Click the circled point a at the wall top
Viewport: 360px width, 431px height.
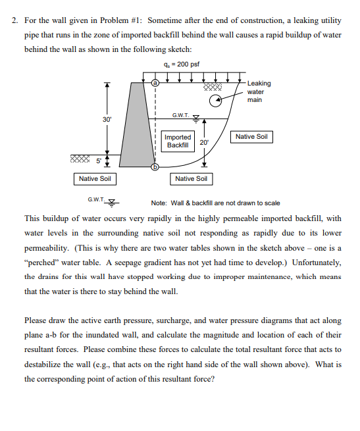click(155, 84)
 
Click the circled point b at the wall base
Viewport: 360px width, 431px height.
click(155, 167)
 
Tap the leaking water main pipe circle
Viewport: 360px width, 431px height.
click(215, 101)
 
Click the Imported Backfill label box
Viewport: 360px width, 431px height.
click(177, 141)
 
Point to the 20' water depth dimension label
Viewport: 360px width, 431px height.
click(205, 142)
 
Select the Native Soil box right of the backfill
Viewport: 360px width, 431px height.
click(252, 136)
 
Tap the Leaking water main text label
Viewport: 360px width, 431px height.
click(259, 91)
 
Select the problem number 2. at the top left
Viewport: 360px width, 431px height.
click(16, 20)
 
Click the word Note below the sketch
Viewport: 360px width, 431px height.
click(160, 203)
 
